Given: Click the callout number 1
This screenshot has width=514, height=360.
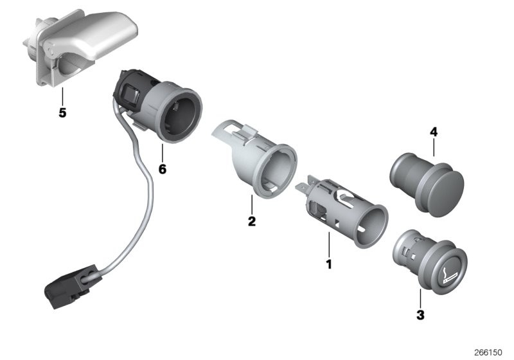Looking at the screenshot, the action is [329, 264].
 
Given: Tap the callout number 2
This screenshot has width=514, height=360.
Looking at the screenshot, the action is [251, 221].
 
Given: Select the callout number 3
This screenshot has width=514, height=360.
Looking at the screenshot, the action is [420, 315].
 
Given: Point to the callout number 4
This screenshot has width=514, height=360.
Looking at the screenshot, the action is [434, 132].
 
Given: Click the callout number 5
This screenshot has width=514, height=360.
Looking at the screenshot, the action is [62, 113].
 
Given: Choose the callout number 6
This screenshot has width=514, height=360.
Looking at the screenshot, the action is [163, 169].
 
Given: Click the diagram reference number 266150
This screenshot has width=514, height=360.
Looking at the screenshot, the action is [488, 352].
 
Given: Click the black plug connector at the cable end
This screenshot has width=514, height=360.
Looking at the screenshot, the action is [70, 287].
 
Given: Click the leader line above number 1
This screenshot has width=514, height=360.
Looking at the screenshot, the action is [329, 244].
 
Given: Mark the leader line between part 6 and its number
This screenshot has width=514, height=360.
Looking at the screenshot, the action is [163, 153].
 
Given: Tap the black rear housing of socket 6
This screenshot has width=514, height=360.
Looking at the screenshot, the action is [131, 89].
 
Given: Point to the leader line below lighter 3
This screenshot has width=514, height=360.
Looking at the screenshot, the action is [420, 299].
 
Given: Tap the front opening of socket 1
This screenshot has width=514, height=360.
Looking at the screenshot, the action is [371, 226].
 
